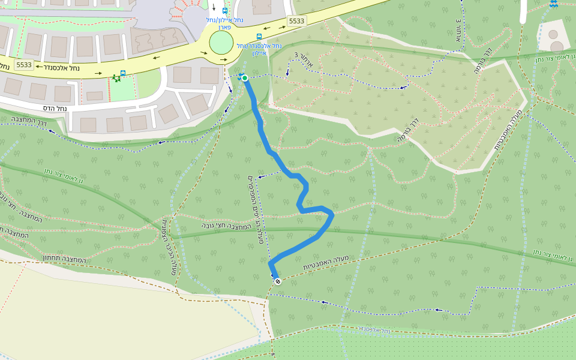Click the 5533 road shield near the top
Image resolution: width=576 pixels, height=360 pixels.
tap(296, 21)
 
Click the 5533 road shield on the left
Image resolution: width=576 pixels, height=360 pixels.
tap(24, 65)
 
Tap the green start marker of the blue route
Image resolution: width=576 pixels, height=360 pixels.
tap(245, 78)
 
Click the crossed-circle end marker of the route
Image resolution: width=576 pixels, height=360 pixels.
tap(277, 281)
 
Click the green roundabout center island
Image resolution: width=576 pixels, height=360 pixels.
tap(221, 43)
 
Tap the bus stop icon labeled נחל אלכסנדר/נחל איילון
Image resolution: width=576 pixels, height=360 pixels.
tap(259, 37)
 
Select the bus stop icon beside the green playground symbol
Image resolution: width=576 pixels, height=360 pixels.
tap(123, 73)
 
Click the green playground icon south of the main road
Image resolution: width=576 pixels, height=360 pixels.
tap(116, 79)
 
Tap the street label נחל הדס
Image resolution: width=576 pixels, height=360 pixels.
tap(54, 108)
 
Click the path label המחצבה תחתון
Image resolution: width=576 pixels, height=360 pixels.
tap(65, 258)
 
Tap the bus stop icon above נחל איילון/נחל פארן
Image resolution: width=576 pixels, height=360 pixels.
tap(225, 11)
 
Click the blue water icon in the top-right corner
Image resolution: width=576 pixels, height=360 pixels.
tap(553, 4)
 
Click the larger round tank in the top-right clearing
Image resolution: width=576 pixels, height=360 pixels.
tap(557, 46)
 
